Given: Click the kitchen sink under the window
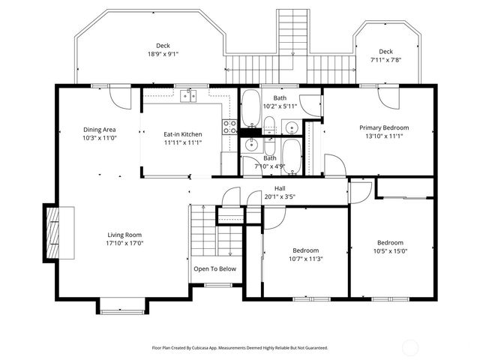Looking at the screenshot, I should click(188, 95).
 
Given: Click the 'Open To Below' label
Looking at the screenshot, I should click(214, 268).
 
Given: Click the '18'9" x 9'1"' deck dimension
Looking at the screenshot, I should click(163, 54).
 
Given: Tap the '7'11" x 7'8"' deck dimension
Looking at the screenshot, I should click(385, 59).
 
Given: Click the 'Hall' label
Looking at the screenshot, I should click(280, 188).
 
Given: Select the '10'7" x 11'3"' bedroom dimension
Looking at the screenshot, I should click(305, 259).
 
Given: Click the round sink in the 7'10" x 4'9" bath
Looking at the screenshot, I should click(250, 145).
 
